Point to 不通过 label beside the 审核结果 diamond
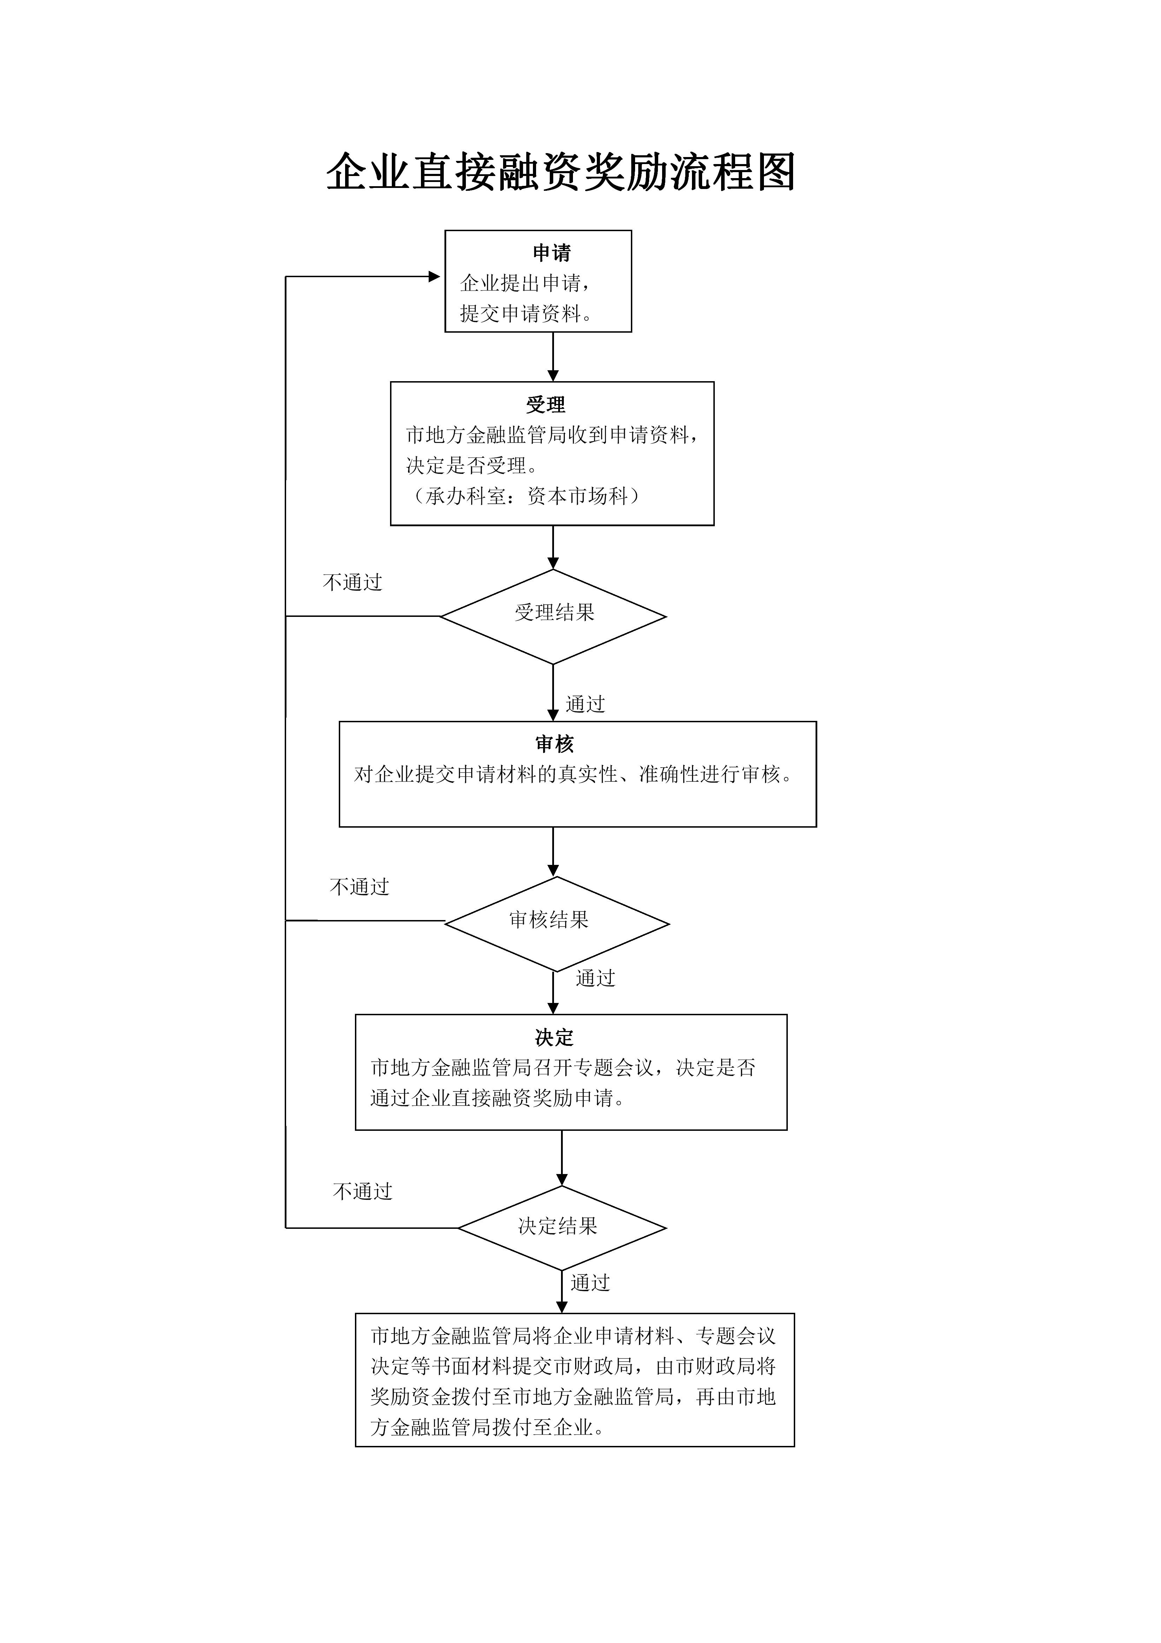[x=359, y=887]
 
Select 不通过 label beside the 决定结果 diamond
[x=363, y=1192]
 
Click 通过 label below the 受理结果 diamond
[x=585, y=704]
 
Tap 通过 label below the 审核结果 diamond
[x=595, y=978]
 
